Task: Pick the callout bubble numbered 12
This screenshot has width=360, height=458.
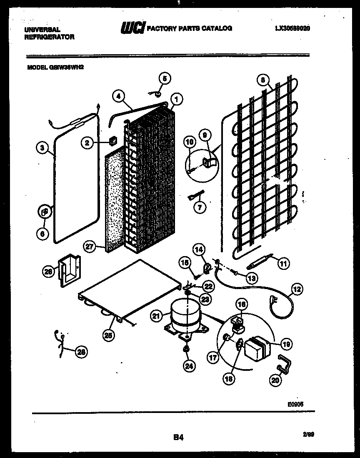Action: [297, 289]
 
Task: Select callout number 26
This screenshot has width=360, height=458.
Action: [48, 272]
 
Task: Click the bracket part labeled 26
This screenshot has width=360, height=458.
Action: [69, 271]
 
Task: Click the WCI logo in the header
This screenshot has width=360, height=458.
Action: [132, 28]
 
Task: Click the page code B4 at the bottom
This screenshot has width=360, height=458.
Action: [178, 437]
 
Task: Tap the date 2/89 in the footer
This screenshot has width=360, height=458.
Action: [309, 435]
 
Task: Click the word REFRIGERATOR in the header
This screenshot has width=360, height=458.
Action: [49, 37]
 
